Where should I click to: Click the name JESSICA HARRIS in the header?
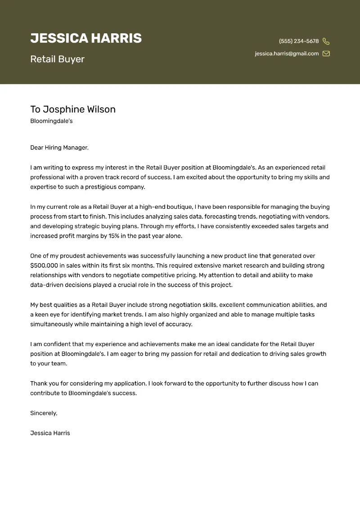coord(86,38)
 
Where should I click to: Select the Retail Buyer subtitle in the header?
coord(57,59)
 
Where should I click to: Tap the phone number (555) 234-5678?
coord(299,41)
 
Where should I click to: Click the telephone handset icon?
coord(326,41)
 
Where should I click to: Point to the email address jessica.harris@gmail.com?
coord(287,54)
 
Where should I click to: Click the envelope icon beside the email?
coord(326,54)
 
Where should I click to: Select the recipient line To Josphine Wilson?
coord(73,109)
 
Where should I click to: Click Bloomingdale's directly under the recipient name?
coord(51,121)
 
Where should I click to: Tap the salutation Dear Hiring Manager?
coord(59,148)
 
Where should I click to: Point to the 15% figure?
coord(114,236)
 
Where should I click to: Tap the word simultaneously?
coord(51,324)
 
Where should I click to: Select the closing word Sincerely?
coord(44,413)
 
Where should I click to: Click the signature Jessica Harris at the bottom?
coord(50,433)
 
